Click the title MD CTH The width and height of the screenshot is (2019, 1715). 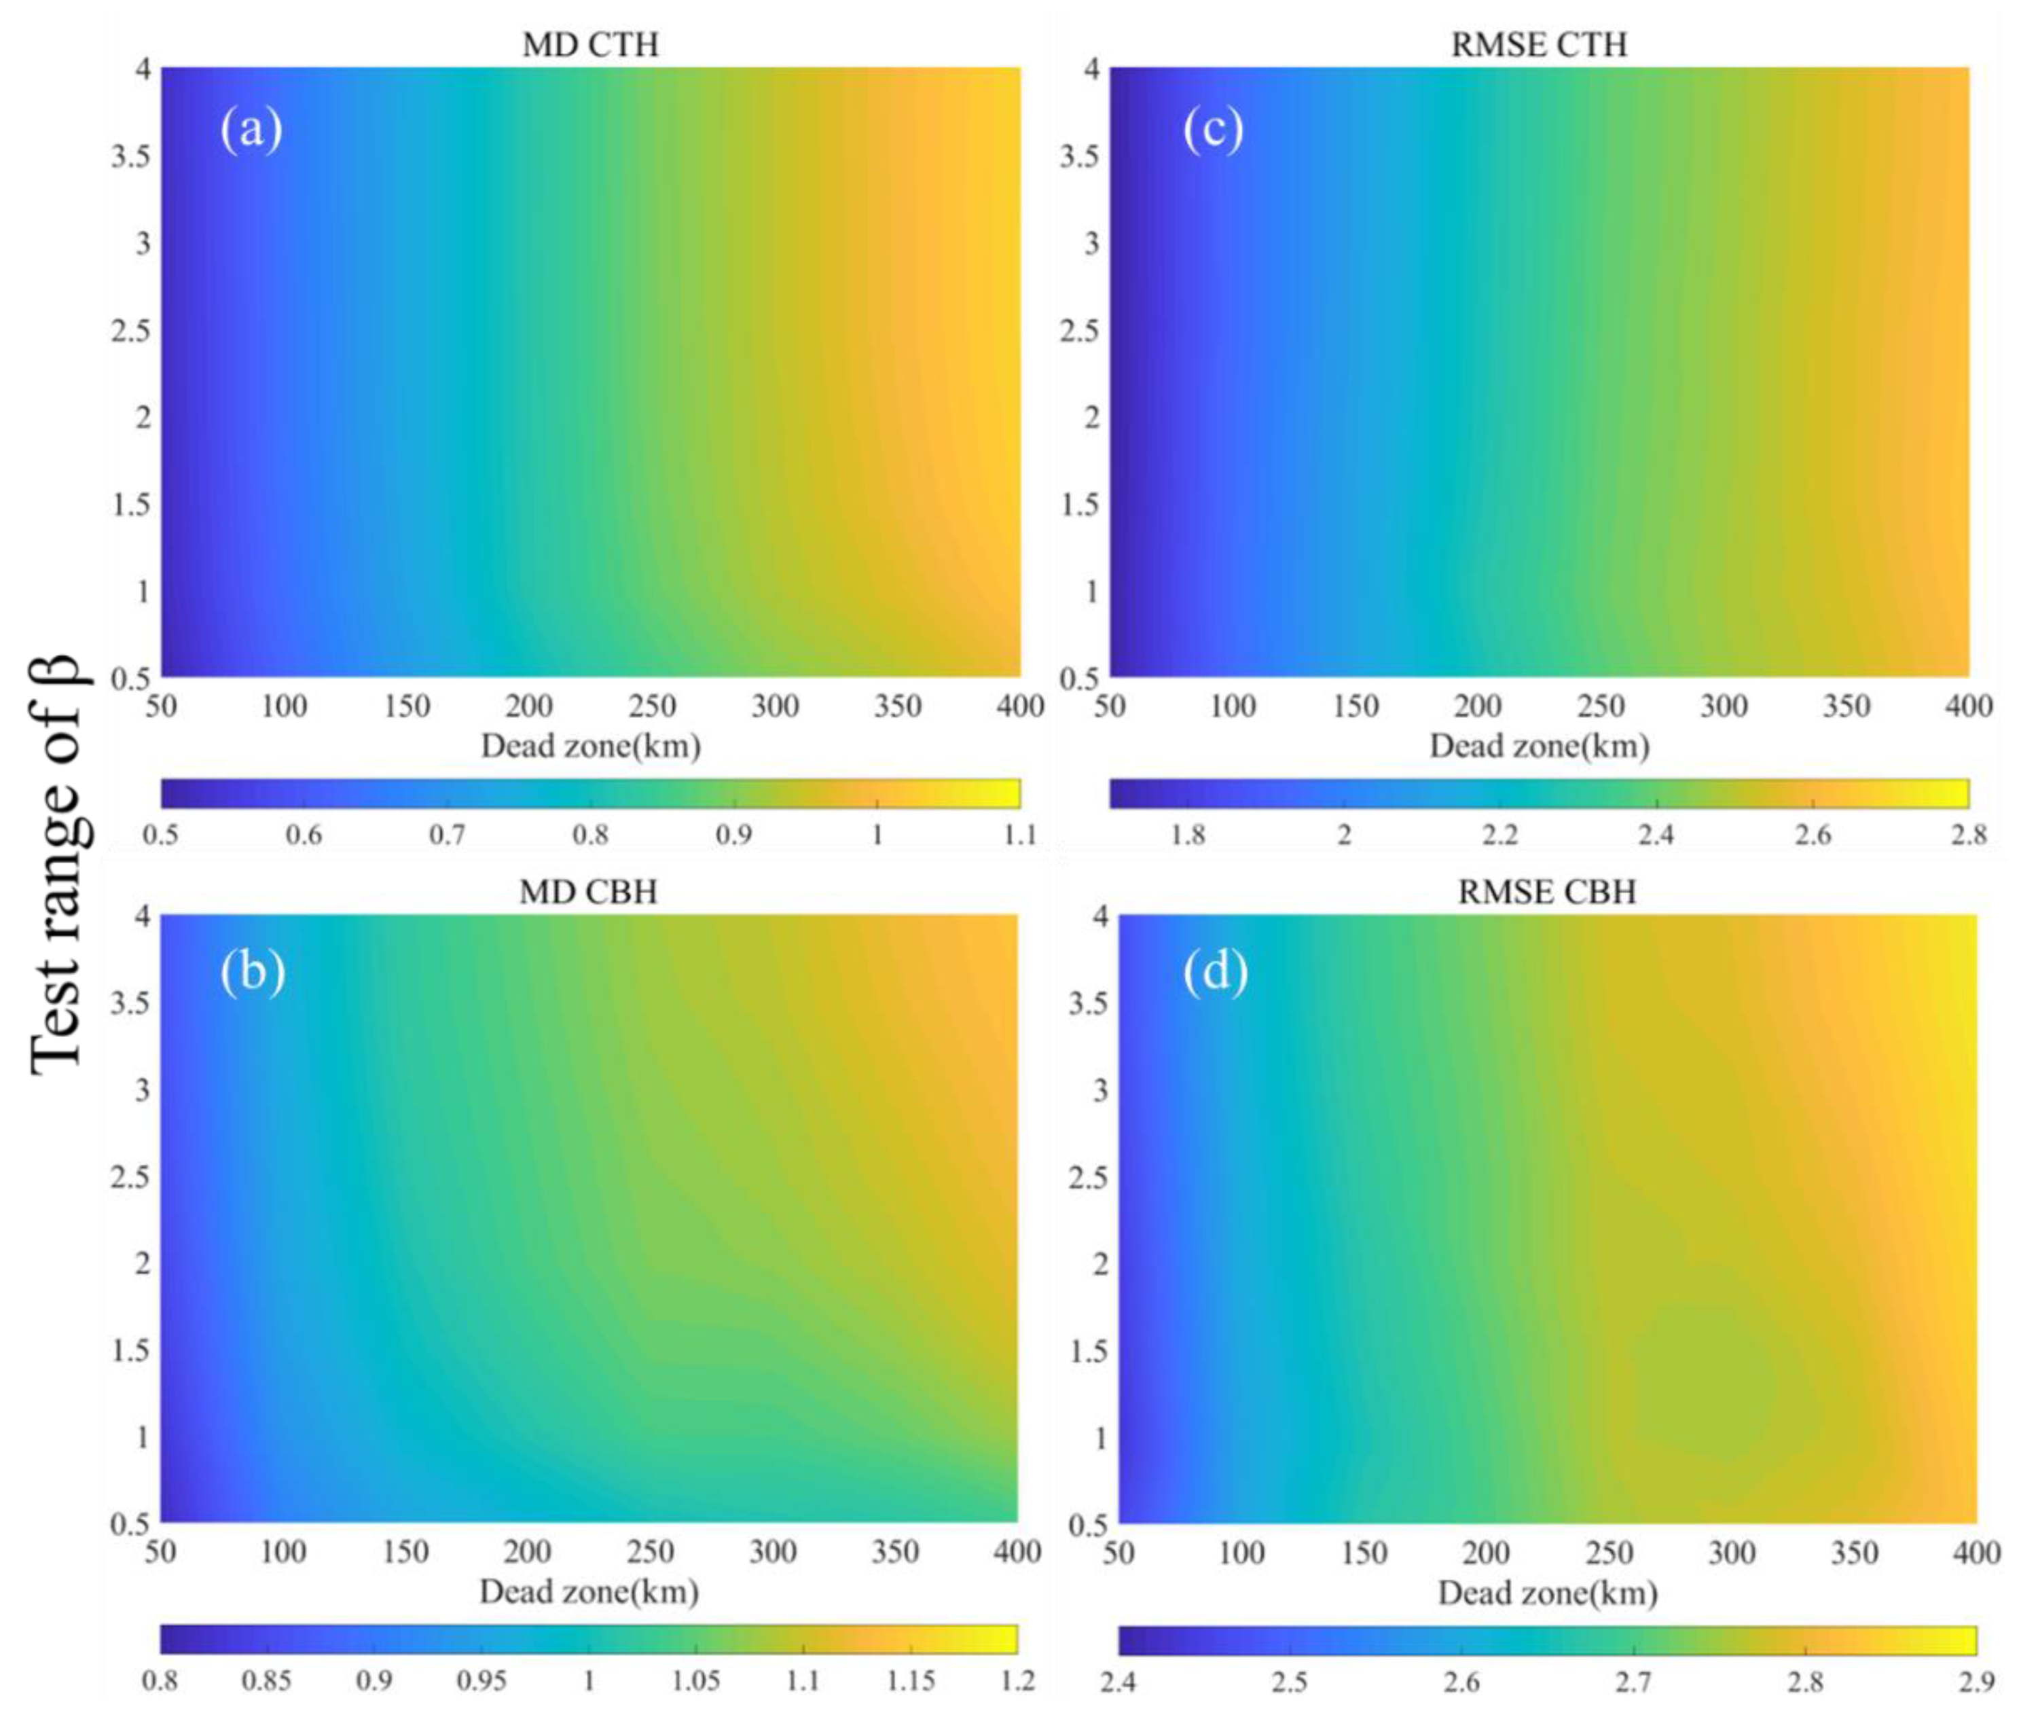[x=590, y=45]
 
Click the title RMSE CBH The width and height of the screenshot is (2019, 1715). [x=1546, y=892]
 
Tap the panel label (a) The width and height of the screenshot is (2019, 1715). [x=251, y=129]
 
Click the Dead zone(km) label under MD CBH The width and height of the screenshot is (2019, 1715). [x=589, y=1591]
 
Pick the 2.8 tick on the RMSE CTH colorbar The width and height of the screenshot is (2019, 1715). [x=1967, y=834]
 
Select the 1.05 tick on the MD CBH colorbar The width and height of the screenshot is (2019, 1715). [x=696, y=1680]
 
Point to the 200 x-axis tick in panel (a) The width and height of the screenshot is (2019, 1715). [x=529, y=706]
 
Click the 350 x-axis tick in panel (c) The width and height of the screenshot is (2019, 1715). [x=1845, y=706]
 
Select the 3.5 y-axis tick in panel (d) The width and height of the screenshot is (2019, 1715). [x=1088, y=1003]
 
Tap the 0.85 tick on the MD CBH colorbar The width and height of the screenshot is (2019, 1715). [x=266, y=1680]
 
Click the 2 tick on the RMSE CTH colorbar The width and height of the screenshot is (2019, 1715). [x=1343, y=834]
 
